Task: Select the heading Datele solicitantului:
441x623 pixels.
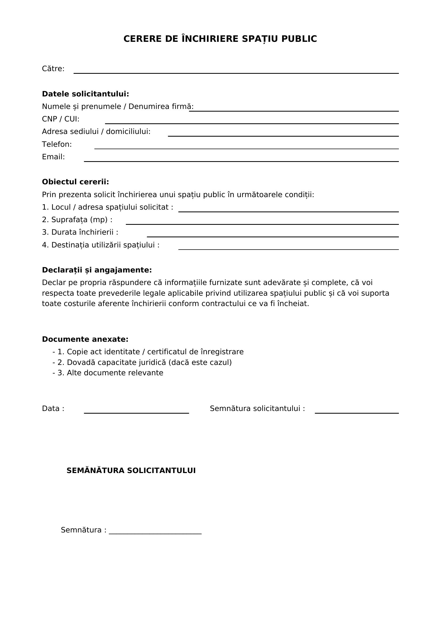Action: click(85, 94)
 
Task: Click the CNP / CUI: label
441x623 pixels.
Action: click(61, 119)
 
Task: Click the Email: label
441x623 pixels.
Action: click(53, 157)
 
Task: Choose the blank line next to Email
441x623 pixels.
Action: click(241, 161)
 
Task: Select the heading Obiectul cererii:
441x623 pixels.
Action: click(75, 182)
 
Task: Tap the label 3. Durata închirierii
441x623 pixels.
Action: click(80, 232)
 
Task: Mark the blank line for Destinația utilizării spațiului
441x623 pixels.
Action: click(288, 249)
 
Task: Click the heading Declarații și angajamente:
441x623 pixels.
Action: click(97, 270)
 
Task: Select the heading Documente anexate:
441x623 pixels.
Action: click(85, 339)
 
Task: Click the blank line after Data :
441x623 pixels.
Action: click(136, 413)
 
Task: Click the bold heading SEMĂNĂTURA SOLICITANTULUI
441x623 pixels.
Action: click(131, 470)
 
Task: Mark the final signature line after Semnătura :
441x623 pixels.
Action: click(155, 534)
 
